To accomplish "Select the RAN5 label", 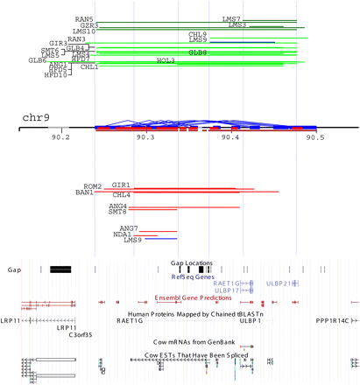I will point(85,18).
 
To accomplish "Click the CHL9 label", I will point(197,34).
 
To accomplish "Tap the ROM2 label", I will point(93,185).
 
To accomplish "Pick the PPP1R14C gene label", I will point(336,321).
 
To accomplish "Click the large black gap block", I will point(63,269).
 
